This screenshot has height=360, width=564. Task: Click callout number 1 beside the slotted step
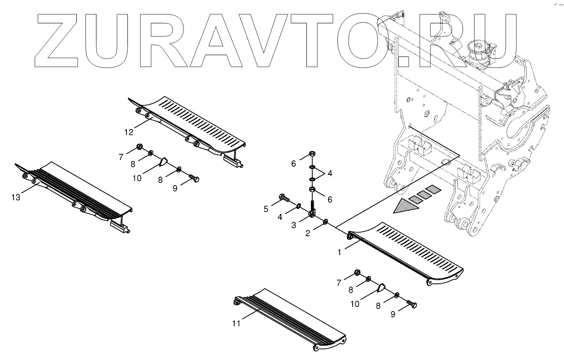[339, 252]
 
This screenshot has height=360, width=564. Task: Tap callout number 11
[236, 323]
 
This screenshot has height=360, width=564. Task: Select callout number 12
[129, 132]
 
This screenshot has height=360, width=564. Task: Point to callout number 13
[16, 197]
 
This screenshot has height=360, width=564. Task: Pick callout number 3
[293, 225]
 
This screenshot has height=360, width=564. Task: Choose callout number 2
[308, 233]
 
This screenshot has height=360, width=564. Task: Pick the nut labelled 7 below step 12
[140, 147]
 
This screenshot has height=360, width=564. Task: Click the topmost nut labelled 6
[312, 155]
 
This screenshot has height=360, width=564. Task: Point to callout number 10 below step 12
[137, 178]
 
